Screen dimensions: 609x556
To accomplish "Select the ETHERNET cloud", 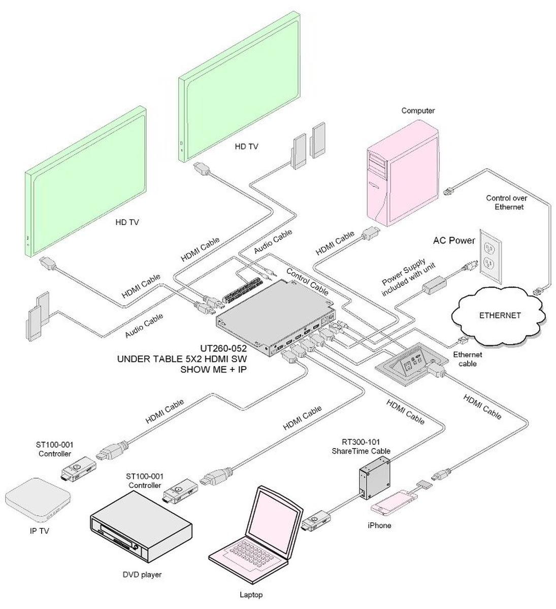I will (x=500, y=316).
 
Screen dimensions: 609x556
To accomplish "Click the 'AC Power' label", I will (x=454, y=241).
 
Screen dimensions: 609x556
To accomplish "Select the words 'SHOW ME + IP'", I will (x=213, y=369).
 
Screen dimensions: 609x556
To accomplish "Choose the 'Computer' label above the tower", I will (x=418, y=110).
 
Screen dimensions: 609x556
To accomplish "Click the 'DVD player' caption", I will (x=142, y=574).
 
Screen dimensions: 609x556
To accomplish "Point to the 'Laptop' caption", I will (x=251, y=595).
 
